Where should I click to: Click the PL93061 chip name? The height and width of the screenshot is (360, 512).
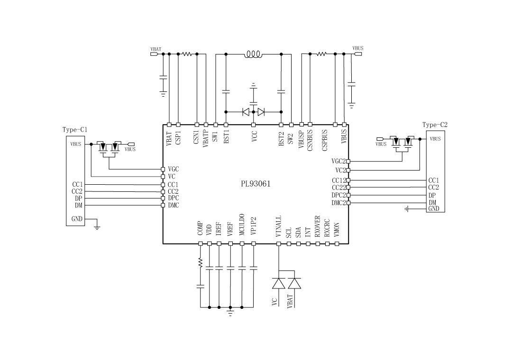pyautogui.click(x=256, y=184)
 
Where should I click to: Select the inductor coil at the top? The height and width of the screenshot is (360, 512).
pyautogui.click(x=253, y=54)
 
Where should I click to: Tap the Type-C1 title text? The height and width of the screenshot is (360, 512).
pyautogui.click(x=75, y=129)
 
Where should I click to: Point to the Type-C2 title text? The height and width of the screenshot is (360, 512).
pyautogui.click(x=435, y=125)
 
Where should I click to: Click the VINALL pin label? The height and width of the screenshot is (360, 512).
pyautogui.click(x=279, y=227)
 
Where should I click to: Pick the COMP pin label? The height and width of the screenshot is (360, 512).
pyautogui.click(x=201, y=228)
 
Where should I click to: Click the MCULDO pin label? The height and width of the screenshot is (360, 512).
pyautogui.click(x=242, y=225)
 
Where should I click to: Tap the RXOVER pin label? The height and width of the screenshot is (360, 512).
pyautogui.click(x=318, y=226)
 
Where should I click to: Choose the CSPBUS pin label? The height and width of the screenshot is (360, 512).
pyautogui.click(x=325, y=140)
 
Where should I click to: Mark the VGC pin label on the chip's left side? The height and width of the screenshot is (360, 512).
pyautogui.click(x=173, y=169)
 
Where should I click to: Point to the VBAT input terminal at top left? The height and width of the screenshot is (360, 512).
pyautogui.click(x=154, y=54)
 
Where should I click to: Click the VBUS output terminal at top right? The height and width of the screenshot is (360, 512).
pyautogui.click(x=358, y=54)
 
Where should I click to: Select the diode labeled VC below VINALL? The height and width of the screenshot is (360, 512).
pyautogui.click(x=278, y=283)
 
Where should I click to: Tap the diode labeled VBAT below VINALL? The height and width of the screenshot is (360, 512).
pyautogui.click(x=294, y=283)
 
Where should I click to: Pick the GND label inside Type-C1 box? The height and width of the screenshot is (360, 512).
pyautogui.click(x=77, y=219)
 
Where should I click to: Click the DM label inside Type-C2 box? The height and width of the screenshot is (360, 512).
pyautogui.click(x=432, y=203)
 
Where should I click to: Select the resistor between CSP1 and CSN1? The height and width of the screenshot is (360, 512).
pyautogui.click(x=187, y=54)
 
